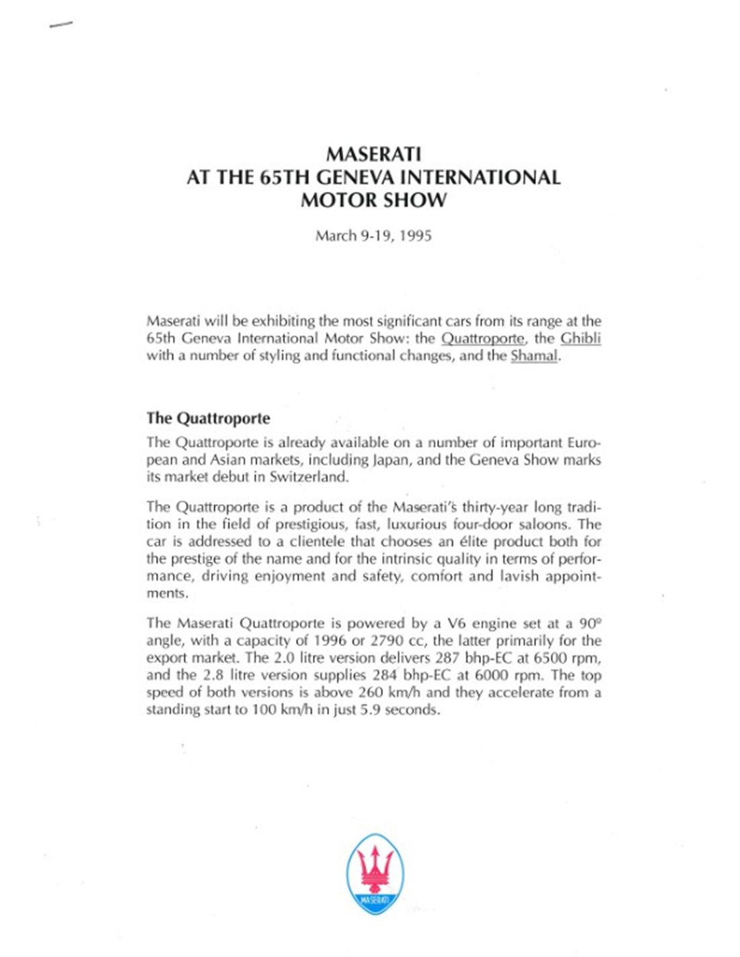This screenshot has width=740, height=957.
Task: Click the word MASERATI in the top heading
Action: click(x=373, y=154)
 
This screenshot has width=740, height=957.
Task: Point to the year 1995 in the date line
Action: click(x=416, y=236)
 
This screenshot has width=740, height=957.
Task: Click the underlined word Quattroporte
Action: click(x=482, y=339)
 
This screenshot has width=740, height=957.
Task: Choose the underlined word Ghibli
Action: click(x=581, y=339)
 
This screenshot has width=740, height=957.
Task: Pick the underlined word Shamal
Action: click(x=534, y=356)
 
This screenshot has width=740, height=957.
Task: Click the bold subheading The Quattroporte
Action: click(x=208, y=418)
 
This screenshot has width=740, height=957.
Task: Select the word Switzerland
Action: click(x=309, y=477)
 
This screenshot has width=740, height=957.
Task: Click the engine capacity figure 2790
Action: click(x=386, y=641)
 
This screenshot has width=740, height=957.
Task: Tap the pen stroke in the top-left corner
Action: click(x=61, y=25)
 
